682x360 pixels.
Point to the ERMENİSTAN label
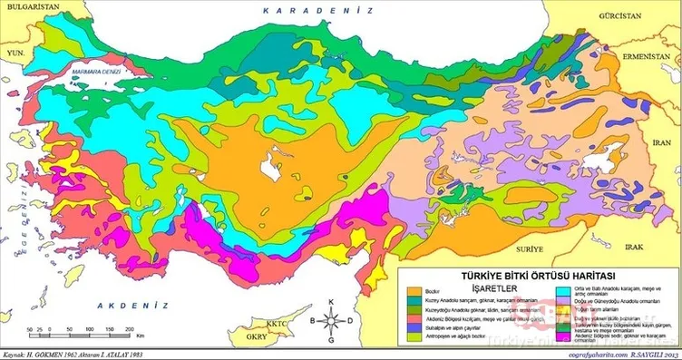coord(644,55)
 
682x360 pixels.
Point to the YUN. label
coord(13,54)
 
